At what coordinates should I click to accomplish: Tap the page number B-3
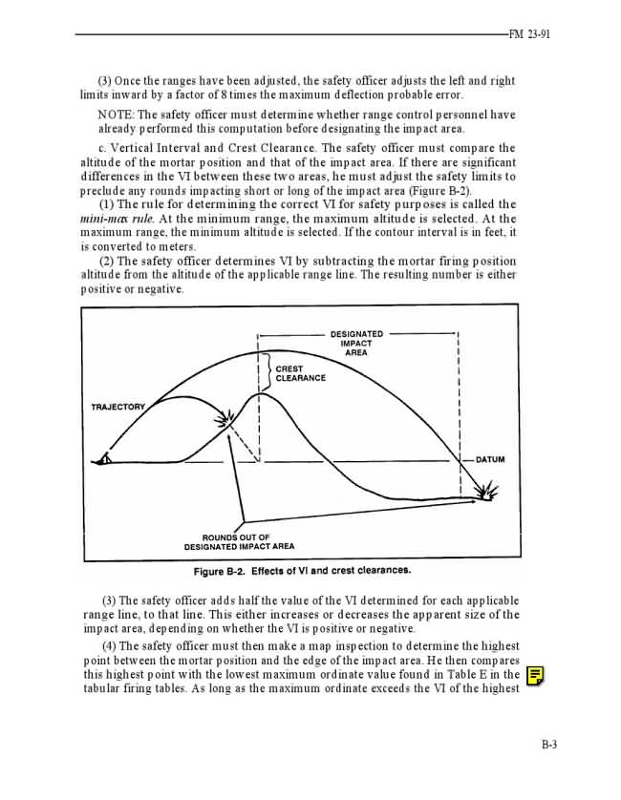(x=548, y=746)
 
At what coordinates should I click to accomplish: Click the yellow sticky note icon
(x=536, y=677)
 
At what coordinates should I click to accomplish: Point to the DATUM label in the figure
(x=490, y=460)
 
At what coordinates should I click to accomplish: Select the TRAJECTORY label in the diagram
(x=118, y=408)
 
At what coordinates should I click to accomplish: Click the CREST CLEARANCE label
(x=300, y=373)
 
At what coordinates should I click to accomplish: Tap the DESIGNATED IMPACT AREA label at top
(x=356, y=343)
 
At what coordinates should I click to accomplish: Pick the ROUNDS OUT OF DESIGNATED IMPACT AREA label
(x=239, y=542)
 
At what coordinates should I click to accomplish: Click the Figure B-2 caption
(x=302, y=571)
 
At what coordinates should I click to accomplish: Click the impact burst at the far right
(x=487, y=493)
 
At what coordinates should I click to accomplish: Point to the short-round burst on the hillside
(x=226, y=418)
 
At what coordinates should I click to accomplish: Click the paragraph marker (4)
(x=109, y=646)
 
